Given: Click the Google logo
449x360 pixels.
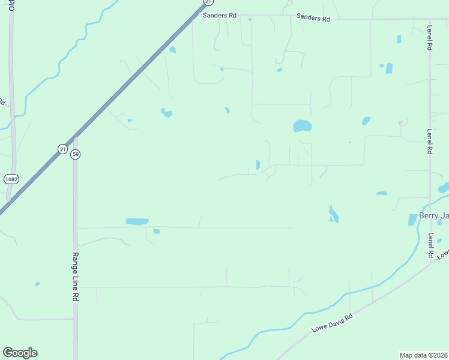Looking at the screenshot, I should point(20,353).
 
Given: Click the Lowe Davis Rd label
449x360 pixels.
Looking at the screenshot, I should point(332,323).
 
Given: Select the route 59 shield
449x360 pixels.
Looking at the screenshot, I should point(75,154).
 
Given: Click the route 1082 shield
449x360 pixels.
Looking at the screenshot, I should point(10,179).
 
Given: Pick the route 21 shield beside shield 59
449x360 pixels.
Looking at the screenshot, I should point(62,149).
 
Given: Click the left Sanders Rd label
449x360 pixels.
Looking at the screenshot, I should point(219,16).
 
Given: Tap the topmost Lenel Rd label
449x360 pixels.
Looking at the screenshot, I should point(430,38).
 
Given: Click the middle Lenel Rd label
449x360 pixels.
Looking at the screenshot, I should point(430,142).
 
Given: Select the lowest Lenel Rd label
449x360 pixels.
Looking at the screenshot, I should point(431,246).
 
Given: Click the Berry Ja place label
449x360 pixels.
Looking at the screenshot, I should point(433,216).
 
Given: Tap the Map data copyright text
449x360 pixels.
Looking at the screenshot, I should point(424,355).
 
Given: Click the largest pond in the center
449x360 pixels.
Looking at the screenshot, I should point(302,126).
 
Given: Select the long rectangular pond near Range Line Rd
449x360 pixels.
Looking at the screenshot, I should point(137,221).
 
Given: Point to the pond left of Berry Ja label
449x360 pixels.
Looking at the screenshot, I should point(412,220).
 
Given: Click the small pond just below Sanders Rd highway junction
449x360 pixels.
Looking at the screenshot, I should point(173,50).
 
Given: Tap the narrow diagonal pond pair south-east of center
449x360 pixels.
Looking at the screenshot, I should point(333,214).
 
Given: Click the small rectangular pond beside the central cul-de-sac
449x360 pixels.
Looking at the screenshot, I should point(258,164).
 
